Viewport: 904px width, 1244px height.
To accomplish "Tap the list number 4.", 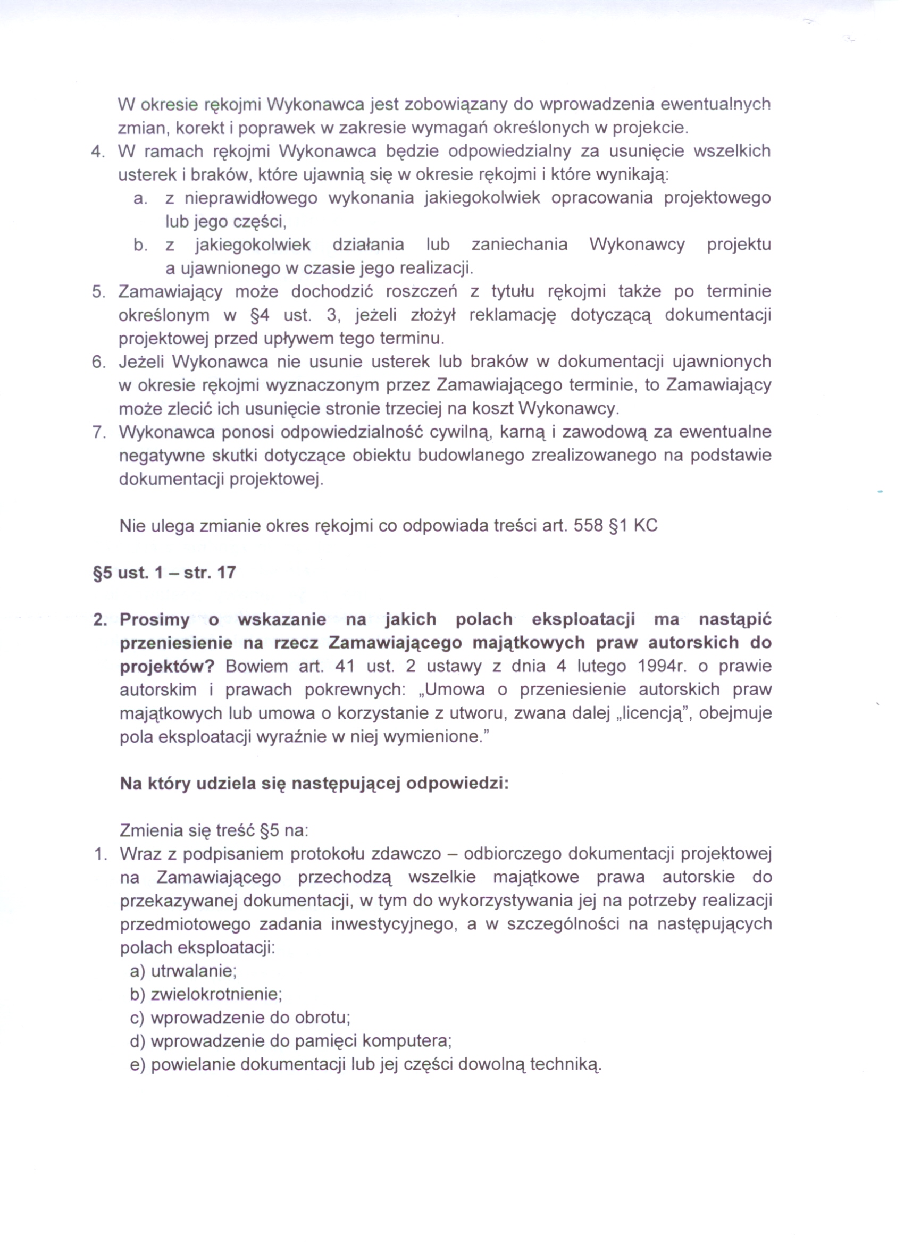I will [97, 152].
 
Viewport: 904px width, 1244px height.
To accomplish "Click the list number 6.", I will [98, 363].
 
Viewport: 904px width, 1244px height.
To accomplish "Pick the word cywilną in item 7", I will [458, 433].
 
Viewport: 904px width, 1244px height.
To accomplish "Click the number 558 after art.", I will [588, 526].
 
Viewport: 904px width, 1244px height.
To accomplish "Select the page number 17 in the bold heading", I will [227, 573].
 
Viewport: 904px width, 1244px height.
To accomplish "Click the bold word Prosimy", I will [154, 620].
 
